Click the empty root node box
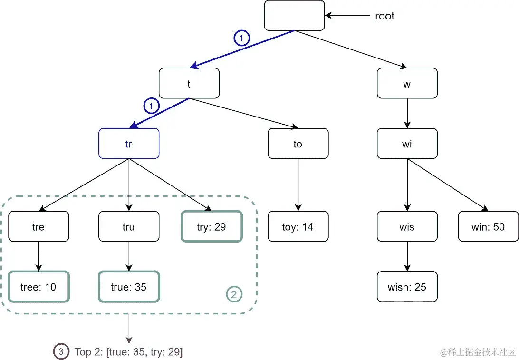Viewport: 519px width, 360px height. [294, 16]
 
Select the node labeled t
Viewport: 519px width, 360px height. [189, 84]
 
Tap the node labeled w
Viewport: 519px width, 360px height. [407, 84]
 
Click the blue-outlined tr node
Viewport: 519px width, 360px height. [129, 144]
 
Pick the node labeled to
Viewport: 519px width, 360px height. [298, 144]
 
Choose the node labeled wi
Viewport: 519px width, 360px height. [407, 144]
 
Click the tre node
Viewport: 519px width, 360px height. [38, 227]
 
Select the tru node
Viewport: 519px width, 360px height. [129, 227]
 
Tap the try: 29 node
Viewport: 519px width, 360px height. [211, 227]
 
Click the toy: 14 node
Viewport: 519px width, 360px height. [298, 227]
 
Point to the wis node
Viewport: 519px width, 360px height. [407, 227]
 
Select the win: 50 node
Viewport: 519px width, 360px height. [488, 227]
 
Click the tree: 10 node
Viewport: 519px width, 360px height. [38, 287]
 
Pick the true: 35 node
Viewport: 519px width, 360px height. [129, 287]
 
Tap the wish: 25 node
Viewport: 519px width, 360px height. [407, 287]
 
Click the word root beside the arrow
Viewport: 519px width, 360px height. [384, 16]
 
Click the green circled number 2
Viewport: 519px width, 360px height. [233, 295]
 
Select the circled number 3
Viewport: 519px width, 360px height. [60, 352]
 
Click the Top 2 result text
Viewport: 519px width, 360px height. [129, 352]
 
